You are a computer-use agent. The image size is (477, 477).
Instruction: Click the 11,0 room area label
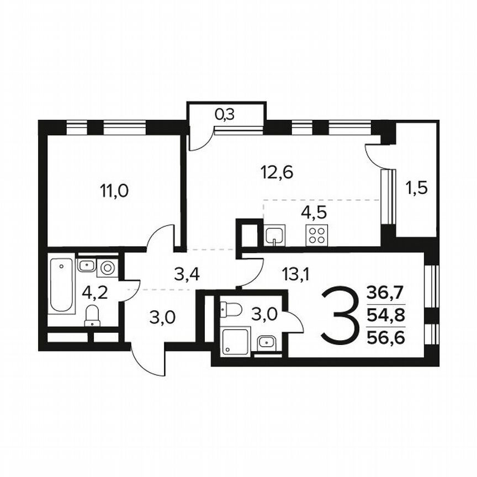point(114,192)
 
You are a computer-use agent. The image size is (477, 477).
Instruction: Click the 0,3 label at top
point(225,115)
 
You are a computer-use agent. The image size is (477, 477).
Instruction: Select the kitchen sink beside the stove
point(274,236)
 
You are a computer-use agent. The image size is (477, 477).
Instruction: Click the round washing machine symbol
point(108,268)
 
